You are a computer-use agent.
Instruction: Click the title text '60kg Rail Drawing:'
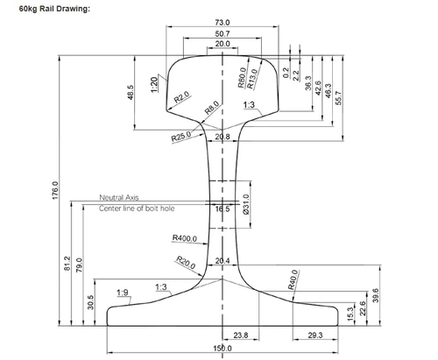[48, 8]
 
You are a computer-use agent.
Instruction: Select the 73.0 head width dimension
[223, 22]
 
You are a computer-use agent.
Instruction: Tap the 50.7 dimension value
[223, 33]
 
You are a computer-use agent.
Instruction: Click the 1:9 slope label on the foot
[124, 292]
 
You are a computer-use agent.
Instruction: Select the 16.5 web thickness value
[223, 210]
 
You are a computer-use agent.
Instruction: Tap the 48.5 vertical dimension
[131, 93]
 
